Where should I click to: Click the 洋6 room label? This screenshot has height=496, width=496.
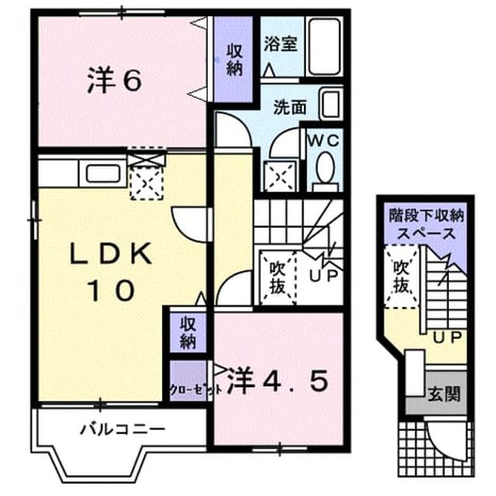pyautogui.click(x=114, y=81)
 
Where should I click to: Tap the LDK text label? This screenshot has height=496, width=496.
pyautogui.click(x=110, y=253)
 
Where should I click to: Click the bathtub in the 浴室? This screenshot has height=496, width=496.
pyautogui.click(x=324, y=46)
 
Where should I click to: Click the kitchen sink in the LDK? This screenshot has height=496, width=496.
pyautogui.click(x=103, y=173)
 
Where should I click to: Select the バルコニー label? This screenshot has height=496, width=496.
pyautogui.click(x=122, y=429)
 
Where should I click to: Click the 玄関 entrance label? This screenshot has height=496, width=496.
pyautogui.click(x=444, y=394)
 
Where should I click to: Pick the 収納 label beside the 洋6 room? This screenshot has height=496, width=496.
pyautogui.click(x=234, y=60)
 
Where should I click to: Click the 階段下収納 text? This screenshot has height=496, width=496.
pyautogui.click(x=426, y=215)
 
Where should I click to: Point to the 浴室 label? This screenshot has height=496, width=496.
pyautogui.click(x=281, y=43)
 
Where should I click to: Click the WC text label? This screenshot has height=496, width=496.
pyautogui.click(x=324, y=140)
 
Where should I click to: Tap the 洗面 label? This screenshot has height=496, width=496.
pyautogui.click(x=290, y=107)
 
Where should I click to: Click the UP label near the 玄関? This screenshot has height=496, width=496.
pyautogui.click(x=448, y=338)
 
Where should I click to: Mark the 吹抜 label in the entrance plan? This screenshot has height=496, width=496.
pyautogui.click(x=401, y=277)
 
